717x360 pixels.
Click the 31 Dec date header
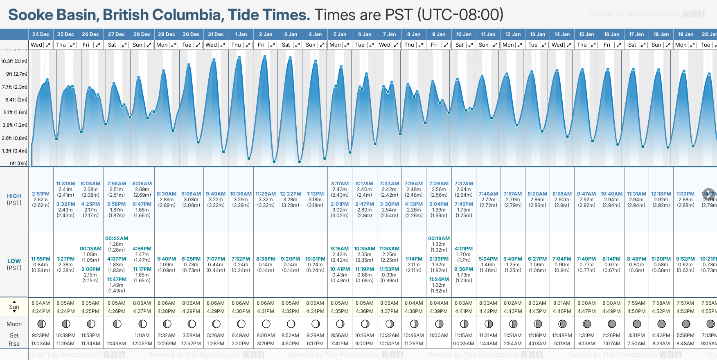216,34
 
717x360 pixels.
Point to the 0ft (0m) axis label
19,164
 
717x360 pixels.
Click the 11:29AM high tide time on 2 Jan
266,194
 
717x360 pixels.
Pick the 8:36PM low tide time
266,259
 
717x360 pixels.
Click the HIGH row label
14,196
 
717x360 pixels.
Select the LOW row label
14,261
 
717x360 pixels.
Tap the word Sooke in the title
31,15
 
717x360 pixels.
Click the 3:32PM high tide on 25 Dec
65,204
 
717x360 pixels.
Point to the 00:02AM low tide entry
117,239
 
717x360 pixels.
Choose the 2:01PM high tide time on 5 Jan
340,204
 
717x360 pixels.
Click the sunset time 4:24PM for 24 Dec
41,311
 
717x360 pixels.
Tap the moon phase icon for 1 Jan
241,324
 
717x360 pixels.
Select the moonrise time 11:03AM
41,344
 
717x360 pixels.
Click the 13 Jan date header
538,34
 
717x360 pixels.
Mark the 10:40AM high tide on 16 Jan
611,194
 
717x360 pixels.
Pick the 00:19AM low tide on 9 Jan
439,239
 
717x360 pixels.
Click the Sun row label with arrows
14,307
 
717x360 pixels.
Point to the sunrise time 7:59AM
636,303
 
